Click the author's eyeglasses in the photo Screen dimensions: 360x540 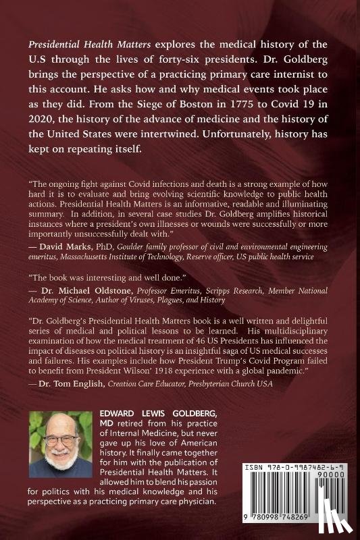pyautogui.click(x=60, y=439)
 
